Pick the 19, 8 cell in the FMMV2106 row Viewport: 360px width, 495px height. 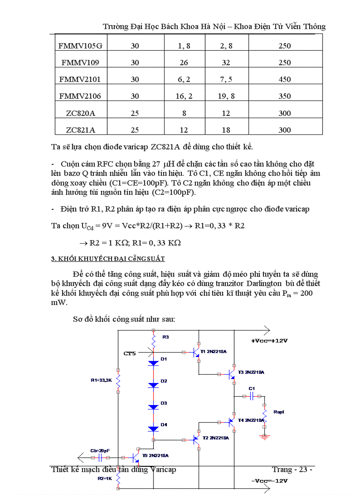pyautogui.click(x=226, y=97)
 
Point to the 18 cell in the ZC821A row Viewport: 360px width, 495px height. pyautogui.click(x=226, y=130)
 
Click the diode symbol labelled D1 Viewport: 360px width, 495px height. pyautogui.click(x=153, y=363)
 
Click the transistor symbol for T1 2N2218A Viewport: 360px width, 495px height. pyautogui.click(x=196, y=353)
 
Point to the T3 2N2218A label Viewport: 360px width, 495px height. pyautogui.click(x=251, y=372)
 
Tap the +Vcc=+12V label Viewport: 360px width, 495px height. pyautogui.click(x=269, y=341)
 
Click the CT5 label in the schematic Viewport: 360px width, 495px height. pyautogui.click(x=130, y=353)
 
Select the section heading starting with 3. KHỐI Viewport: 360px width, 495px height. pyautogui.click(x=108, y=259)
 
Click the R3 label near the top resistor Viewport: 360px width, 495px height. pyautogui.click(x=165, y=337)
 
